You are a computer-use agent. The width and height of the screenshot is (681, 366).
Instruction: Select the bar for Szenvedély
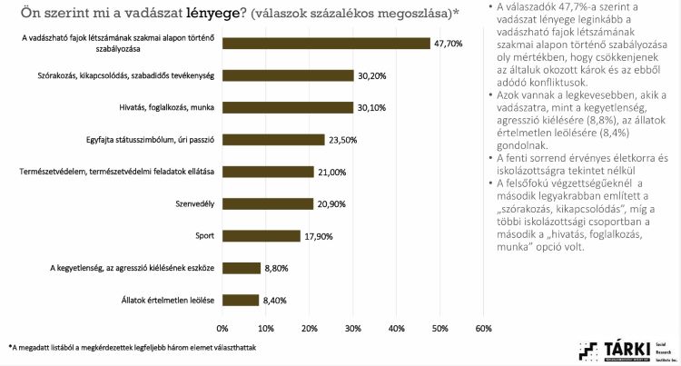(268, 203)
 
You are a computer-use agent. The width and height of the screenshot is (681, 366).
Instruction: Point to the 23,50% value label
(342, 140)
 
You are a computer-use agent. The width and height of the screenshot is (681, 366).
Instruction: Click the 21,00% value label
(331, 172)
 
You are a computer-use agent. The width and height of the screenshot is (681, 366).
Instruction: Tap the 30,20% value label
(371, 75)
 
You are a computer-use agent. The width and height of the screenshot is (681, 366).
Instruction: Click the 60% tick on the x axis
(483, 328)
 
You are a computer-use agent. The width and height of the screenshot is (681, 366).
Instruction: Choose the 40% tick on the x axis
(396, 328)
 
